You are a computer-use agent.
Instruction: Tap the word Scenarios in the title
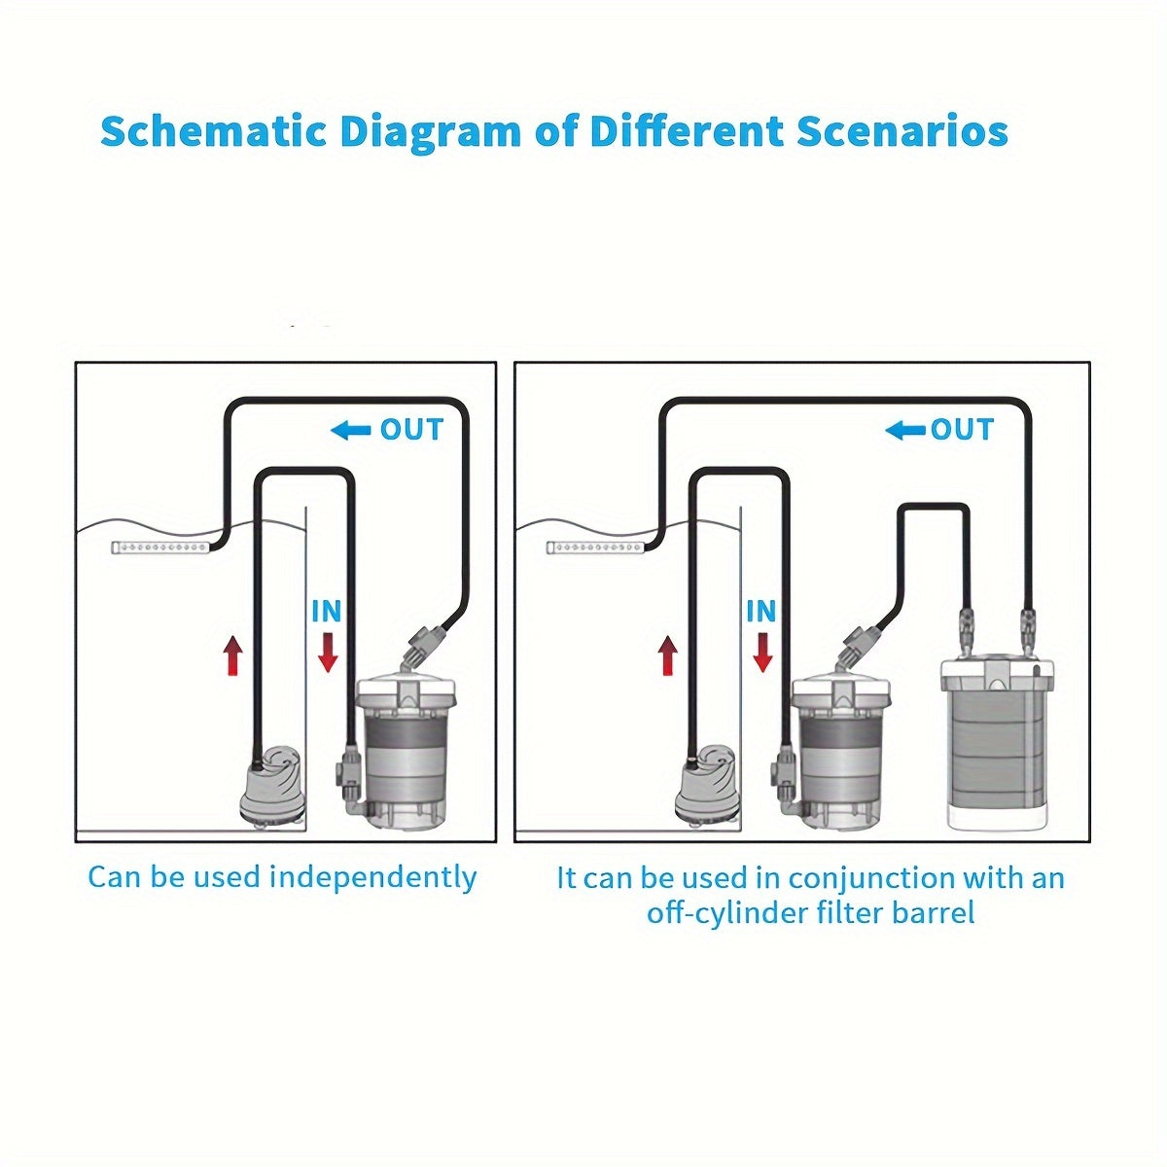[902, 131]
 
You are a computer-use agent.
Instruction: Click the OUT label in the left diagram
[411, 430]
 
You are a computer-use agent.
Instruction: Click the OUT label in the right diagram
[963, 430]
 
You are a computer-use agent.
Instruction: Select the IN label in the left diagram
[327, 612]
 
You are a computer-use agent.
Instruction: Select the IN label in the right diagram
[760, 612]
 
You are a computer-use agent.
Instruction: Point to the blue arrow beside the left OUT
[351, 431]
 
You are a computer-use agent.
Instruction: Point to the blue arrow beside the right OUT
[905, 431]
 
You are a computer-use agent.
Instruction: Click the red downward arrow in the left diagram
[328, 653]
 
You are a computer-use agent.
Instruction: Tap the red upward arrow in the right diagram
[667, 655]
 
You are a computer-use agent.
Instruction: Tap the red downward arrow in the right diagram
[761, 653]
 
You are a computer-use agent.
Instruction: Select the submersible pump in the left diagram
[271, 787]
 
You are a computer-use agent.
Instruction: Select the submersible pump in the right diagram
[707, 787]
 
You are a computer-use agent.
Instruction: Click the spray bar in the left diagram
[160, 548]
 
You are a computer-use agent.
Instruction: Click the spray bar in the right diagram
[595, 548]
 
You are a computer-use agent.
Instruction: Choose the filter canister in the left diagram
[405, 754]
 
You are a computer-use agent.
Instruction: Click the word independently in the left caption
[373, 878]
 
